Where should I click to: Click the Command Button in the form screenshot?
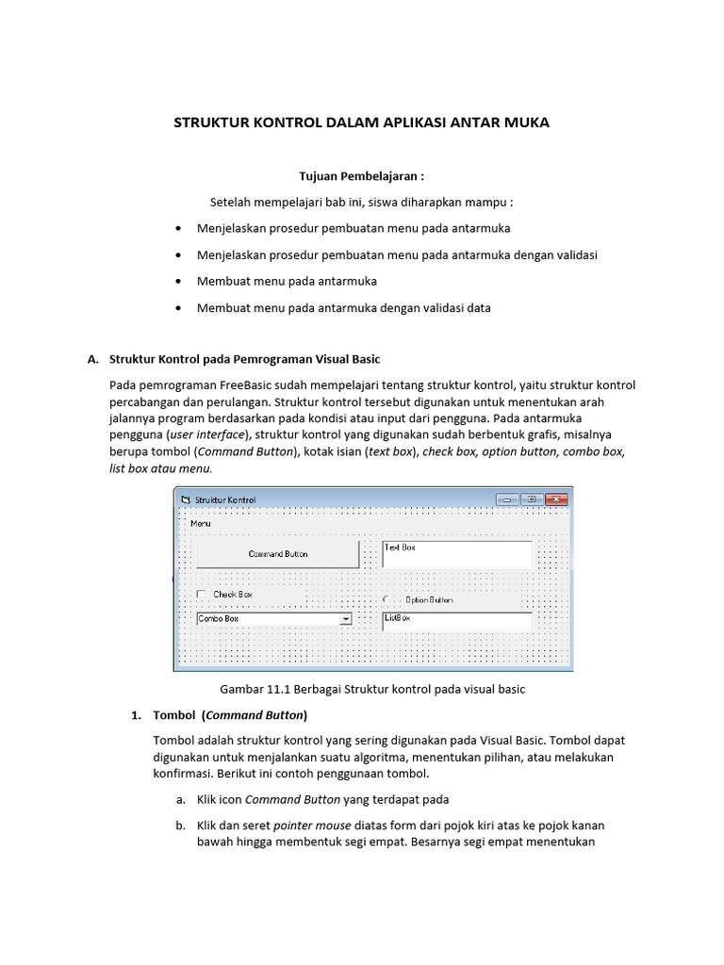pyautogui.click(x=277, y=554)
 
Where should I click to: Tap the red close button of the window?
pyautogui.click(x=557, y=499)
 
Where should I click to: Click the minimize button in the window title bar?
pyautogui.click(x=507, y=499)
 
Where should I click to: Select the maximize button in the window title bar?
pyautogui.click(x=532, y=499)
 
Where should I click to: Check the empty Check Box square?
pyautogui.click(x=201, y=595)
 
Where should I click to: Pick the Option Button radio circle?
pyautogui.click(x=387, y=599)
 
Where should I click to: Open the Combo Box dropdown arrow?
pyautogui.click(x=345, y=619)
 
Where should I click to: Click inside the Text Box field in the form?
pyautogui.click(x=457, y=554)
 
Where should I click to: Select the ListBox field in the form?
pyautogui.click(x=457, y=622)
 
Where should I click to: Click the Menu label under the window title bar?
pyautogui.click(x=200, y=523)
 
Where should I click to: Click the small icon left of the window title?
pyautogui.click(x=186, y=499)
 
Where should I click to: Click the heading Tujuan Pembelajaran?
pyautogui.click(x=361, y=176)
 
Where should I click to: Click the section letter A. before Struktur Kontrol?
pyautogui.click(x=92, y=359)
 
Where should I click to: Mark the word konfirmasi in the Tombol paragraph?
pyautogui.click(x=183, y=774)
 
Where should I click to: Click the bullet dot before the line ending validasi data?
pyautogui.click(x=179, y=308)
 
